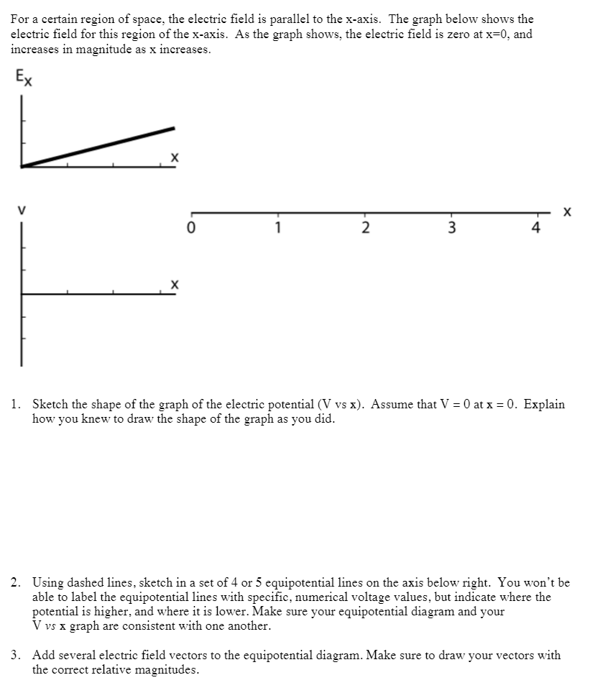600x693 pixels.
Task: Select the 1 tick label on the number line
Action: click(278, 229)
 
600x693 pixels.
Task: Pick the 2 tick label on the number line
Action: click(365, 229)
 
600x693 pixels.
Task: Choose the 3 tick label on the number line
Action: click(452, 229)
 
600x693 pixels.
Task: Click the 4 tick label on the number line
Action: click(536, 229)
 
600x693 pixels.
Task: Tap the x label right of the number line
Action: click(568, 212)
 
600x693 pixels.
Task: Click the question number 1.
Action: click(14, 405)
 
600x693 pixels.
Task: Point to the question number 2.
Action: click(14, 583)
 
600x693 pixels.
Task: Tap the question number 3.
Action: click(14, 656)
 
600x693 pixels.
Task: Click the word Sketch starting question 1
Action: click(50, 405)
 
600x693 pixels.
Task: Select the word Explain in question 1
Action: click(544, 405)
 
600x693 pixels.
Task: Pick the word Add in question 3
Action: click(42, 656)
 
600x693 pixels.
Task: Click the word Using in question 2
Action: click(47, 583)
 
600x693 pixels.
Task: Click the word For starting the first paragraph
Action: click(20, 19)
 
